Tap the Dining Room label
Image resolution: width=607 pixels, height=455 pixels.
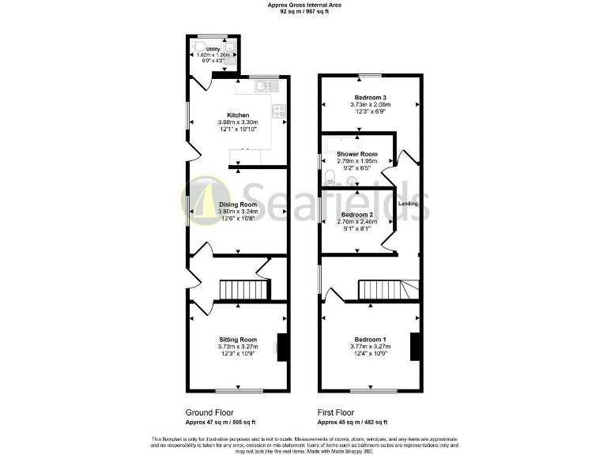pyautogui.click(x=238, y=205)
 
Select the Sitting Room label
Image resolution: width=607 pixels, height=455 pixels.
pyautogui.click(x=238, y=339)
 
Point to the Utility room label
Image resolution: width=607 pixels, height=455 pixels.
pyautogui.click(x=213, y=49)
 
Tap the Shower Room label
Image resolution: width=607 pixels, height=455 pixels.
pyautogui.click(x=357, y=154)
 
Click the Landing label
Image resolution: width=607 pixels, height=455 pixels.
pyautogui.click(x=408, y=204)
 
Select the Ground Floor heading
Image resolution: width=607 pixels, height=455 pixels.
pyautogui.click(x=210, y=412)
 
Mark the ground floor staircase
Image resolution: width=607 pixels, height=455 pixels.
pyautogui.click(x=236, y=290)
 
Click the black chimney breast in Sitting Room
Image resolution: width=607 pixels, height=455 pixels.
pyautogui.click(x=281, y=348)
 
